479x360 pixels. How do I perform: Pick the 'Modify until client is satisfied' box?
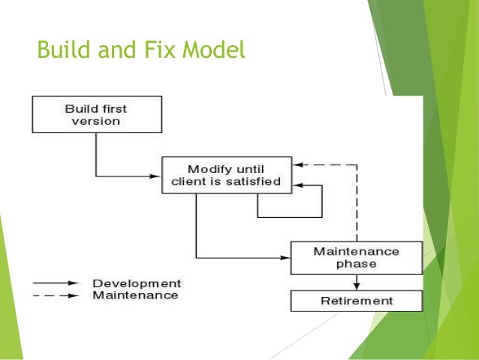pos(227,175)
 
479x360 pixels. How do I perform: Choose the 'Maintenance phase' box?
pos(356,257)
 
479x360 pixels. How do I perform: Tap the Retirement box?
pos(356,301)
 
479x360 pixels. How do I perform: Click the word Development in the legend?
pos(136,283)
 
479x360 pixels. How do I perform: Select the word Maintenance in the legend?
pos(135,295)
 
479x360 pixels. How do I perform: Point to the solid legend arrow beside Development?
pos(56,283)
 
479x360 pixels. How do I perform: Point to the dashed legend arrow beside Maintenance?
pos(56,295)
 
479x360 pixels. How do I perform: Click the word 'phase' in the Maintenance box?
pos(356,264)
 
